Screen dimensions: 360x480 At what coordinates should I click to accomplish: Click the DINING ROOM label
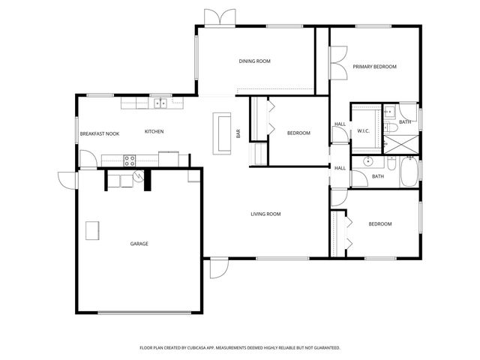[x=254, y=61]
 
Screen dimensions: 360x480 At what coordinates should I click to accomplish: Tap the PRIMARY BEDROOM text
[x=374, y=67]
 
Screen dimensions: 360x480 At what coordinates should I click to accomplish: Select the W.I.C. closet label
[x=364, y=131]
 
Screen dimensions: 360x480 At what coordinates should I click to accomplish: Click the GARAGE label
[x=139, y=244]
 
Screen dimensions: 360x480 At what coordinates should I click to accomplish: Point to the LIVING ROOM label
[x=265, y=214]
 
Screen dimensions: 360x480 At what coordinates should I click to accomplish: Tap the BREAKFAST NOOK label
[x=100, y=133]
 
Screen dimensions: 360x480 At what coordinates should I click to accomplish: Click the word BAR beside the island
[x=238, y=134]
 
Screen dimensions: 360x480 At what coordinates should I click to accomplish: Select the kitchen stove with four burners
[x=129, y=159]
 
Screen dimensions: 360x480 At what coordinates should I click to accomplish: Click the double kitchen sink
[x=160, y=103]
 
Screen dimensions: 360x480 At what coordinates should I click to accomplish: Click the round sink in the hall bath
[x=368, y=162]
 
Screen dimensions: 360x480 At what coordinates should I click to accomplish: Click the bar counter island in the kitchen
[x=222, y=133]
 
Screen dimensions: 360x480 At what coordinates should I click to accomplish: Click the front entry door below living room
[x=217, y=269]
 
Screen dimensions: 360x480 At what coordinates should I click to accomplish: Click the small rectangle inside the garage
[x=93, y=231]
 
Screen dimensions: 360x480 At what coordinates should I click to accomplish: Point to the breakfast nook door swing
[x=87, y=160]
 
